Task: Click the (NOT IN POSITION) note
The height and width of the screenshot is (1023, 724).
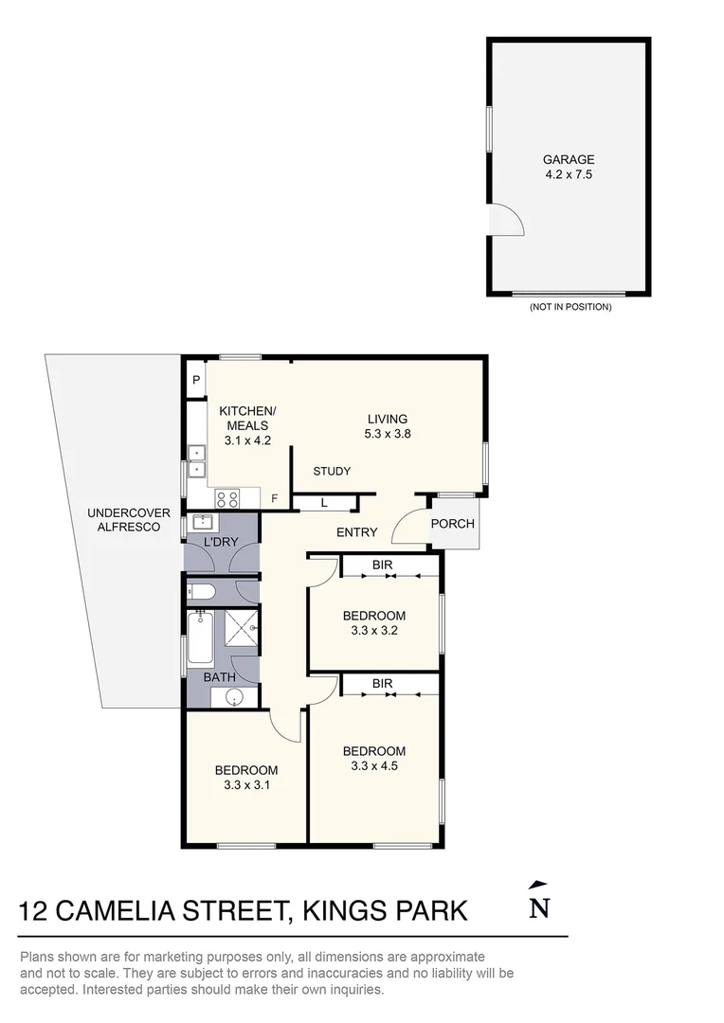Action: [x=570, y=307]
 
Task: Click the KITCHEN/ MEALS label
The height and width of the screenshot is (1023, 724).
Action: [x=247, y=424]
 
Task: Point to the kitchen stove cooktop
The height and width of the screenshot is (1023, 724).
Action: [x=227, y=497]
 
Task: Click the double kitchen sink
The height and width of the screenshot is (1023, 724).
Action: [x=197, y=461]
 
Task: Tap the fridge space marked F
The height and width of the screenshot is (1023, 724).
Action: [x=275, y=498]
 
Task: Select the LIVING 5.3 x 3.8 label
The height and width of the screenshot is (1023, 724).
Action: [x=387, y=426]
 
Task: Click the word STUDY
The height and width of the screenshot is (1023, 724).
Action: [x=332, y=471]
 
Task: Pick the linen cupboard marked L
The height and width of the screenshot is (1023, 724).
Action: [x=324, y=502]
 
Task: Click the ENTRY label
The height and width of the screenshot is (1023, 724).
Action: [x=356, y=532]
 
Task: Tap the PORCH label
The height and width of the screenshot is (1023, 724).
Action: [x=452, y=524]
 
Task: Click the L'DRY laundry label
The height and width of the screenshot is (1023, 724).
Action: [x=221, y=543]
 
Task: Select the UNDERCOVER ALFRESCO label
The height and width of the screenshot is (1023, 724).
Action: [x=129, y=519]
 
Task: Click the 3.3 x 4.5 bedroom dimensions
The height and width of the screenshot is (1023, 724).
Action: [x=373, y=765]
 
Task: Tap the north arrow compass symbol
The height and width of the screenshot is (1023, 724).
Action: [x=538, y=901]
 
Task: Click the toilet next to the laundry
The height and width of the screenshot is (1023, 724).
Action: [x=201, y=593]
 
